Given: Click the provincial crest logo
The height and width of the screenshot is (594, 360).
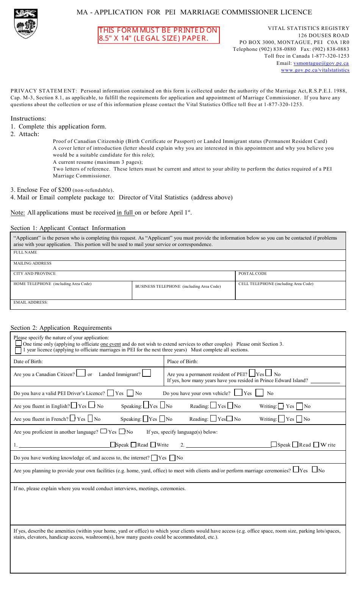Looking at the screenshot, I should (25, 24).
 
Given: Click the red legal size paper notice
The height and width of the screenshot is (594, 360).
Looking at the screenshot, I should (158, 35).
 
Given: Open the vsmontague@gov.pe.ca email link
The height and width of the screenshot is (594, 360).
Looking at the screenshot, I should (321, 63).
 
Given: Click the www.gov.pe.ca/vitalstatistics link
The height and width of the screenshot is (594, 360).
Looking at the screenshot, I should (315, 70).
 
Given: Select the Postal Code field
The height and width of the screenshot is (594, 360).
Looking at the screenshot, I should (290, 276).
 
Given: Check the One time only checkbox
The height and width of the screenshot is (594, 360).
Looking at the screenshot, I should (18, 343).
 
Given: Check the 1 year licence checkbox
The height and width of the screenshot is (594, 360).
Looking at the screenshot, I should (18, 350).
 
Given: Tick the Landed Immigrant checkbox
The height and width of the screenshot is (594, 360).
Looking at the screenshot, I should (147, 373).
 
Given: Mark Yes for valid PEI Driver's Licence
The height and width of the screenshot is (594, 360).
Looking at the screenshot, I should (111, 393).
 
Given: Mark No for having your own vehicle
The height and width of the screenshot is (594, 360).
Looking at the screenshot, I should (259, 393).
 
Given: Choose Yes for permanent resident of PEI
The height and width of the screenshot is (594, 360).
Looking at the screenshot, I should (252, 373).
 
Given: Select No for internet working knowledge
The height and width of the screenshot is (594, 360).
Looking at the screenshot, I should (173, 458).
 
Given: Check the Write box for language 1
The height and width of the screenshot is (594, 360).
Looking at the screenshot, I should (153, 445).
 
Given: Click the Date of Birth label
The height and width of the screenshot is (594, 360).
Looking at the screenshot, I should (28, 361).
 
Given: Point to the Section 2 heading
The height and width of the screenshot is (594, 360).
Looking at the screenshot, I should (61, 328).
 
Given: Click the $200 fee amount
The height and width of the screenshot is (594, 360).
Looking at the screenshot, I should (64, 190).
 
